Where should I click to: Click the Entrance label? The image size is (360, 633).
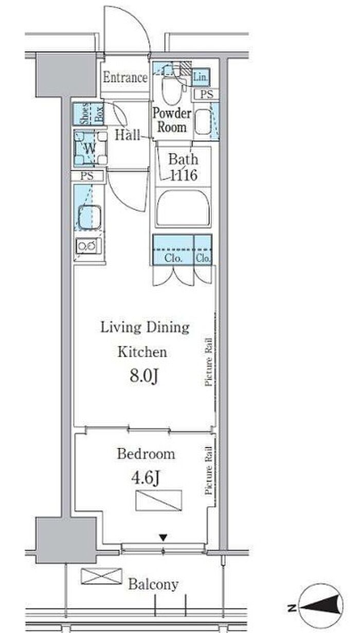tap(125, 77)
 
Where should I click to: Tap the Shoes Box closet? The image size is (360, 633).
tap(88, 114)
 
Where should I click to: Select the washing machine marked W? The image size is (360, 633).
tap(91, 148)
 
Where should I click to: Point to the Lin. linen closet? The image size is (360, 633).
tap(201, 77)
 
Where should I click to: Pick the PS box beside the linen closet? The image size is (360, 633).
tap(206, 94)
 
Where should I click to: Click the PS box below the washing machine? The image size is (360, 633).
tap(87, 176)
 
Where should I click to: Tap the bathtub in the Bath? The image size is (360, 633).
tap(183, 208)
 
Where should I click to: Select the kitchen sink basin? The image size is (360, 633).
tap(89, 217)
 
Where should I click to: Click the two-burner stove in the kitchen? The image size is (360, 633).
tap(88, 246)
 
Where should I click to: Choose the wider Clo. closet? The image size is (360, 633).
tap(173, 250)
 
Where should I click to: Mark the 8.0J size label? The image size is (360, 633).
tap(144, 376)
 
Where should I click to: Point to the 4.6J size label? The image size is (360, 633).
tap(146, 478)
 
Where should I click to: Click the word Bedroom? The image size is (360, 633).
tap(146, 454)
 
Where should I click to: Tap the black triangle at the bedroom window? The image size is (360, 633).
tap(163, 537)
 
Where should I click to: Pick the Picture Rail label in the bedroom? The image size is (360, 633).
tap(208, 470)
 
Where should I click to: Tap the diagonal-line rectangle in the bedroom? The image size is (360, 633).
tap(159, 500)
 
